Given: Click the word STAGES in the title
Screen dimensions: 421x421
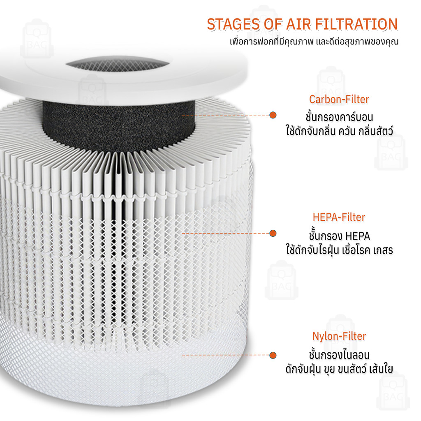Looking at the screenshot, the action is click(234, 24).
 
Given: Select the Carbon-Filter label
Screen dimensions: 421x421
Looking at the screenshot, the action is click(339, 99).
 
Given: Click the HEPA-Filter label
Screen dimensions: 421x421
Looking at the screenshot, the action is click(339, 217).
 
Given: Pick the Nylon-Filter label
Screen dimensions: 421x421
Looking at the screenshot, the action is click(339, 336).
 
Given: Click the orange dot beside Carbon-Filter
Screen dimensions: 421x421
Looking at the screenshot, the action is click(273, 115).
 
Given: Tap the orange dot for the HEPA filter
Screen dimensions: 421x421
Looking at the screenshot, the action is click(273, 233).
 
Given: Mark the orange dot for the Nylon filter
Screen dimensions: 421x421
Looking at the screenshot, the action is click(273, 355).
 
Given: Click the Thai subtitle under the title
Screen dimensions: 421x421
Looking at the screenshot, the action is click(314, 42).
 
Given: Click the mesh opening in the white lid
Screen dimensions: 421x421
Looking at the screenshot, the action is click(118, 65).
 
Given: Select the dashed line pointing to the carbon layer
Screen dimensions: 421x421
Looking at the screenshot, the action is click(226, 115).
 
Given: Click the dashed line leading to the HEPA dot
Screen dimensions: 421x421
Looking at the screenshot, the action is click(226, 233).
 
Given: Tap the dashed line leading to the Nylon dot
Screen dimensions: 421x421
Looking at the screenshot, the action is click(226, 355).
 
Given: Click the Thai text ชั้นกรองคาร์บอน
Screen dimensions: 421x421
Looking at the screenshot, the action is click(339, 117).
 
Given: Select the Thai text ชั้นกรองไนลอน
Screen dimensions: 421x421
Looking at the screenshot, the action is click(339, 355).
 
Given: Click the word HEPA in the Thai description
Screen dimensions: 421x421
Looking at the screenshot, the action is click(358, 236).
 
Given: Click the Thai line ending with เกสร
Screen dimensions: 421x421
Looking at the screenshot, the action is click(339, 250).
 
